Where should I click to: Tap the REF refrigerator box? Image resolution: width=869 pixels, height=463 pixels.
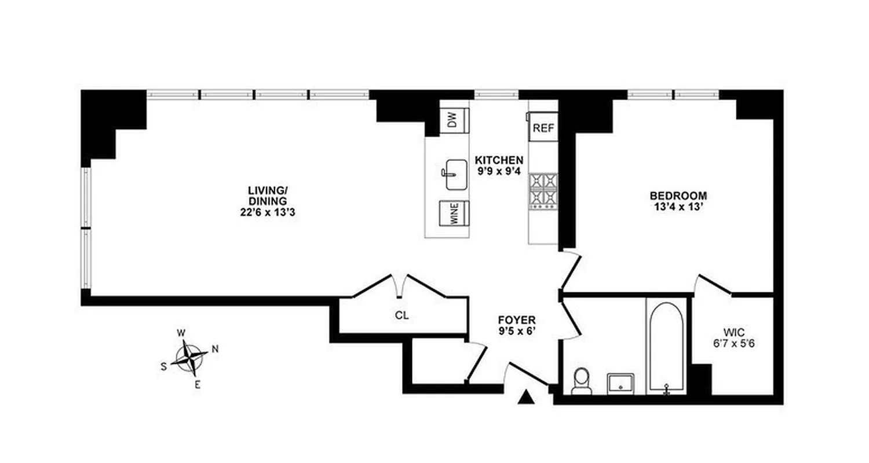pyautogui.click(x=543, y=128)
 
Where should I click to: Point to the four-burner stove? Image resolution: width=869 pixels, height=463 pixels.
pyautogui.click(x=543, y=190)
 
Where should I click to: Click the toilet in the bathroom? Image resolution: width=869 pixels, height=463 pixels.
pyautogui.click(x=580, y=381)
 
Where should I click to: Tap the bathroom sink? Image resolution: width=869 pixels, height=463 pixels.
pyautogui.click(x=622, y=383)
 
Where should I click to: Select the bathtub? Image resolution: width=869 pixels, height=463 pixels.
pyautogui.click(x=666, y=347)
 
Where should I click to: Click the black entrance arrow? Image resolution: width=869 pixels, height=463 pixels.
pyautogui.click(x=526, y=397)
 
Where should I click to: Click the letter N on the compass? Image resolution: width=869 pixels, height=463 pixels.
pyautogui.click(x=215, y=348)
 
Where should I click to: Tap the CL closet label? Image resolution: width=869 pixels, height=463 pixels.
pyautogui.click(x=403, y=315)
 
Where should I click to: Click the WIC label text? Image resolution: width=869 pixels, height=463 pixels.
pyautogui.click(x=733, y=332)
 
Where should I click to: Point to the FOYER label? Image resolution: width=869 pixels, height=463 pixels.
pyautogui.click(x=517, y=320)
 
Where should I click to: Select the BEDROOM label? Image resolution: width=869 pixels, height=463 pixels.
pyautogui.click(x=678, y=196)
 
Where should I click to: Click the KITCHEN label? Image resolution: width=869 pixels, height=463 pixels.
pyautogui.click(x=499, y=160)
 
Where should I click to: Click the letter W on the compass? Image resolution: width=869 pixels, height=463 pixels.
pyautogui.click(x=181, y=333)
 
